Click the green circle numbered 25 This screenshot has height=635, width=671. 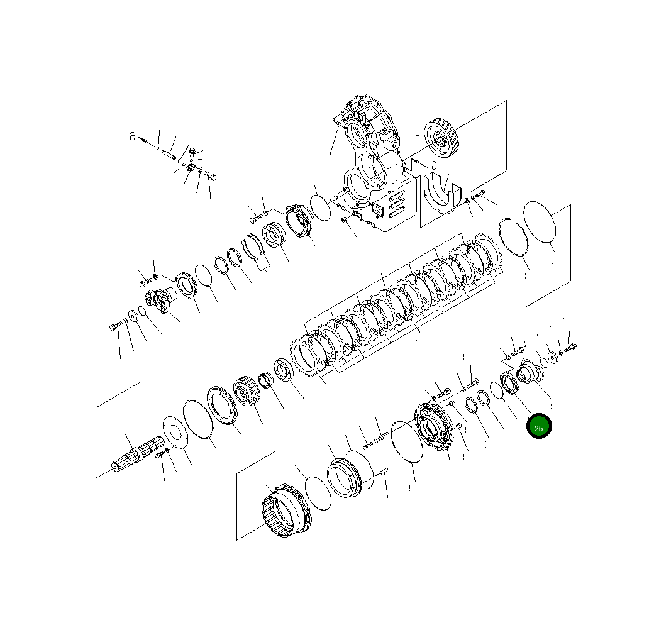tap(539, 426)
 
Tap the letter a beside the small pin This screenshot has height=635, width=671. tap(133, 135)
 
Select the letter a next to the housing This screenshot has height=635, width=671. tap(434, 165)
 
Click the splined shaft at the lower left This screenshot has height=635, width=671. tap(135, 457)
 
